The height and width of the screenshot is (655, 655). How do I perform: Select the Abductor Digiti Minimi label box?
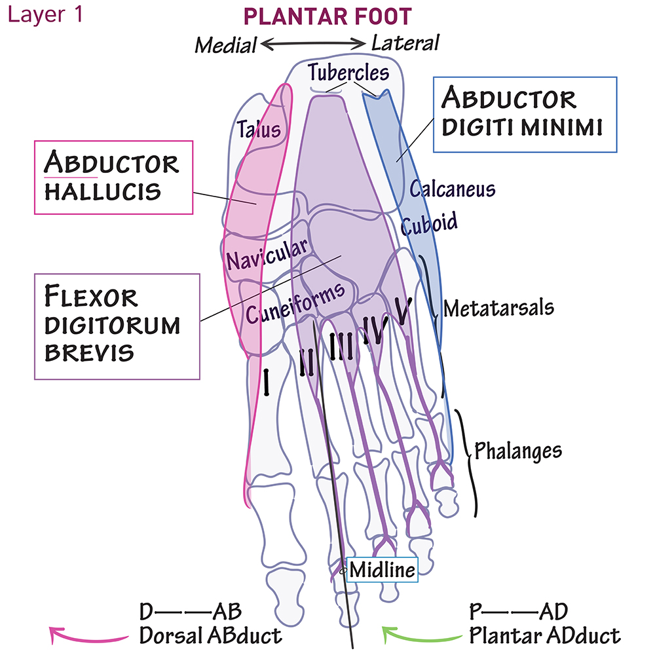click(x=524, y=114)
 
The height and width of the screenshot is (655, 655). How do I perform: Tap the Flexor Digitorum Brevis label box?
click(x=116, y=326)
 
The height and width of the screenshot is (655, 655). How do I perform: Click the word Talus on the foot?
click(x=259, y=128)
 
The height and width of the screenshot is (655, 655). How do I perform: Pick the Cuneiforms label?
click(x=295, y=303)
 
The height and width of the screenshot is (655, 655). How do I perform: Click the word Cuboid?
click(x=430, y=224)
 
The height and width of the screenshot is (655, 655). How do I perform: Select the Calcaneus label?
click(x=452, y=189)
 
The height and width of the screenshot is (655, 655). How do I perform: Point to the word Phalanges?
click(x=518, y=451)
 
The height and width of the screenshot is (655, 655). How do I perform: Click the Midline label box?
click(x=383, y=570)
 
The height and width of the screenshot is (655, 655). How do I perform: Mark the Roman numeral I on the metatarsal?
click(x=267, y=383)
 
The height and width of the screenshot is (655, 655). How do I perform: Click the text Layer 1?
click(x=45, y=14)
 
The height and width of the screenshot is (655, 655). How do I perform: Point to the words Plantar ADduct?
click(x=544, y=635)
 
